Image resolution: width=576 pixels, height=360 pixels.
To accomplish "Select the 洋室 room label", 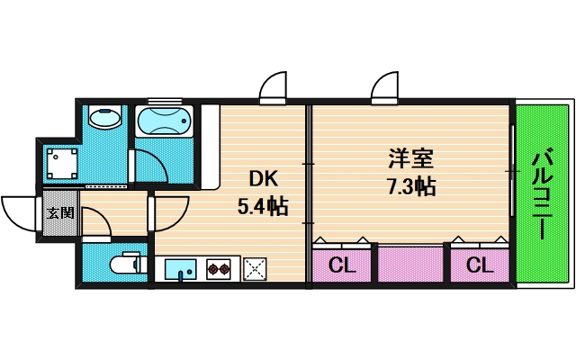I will pos(411,159).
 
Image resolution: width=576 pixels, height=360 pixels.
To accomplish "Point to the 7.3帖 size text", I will pos(411,187).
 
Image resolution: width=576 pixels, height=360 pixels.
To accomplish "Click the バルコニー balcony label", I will pos(542,193).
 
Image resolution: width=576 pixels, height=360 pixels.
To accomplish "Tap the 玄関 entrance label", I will pos(60,213).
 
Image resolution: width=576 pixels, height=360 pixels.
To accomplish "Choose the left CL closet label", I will pos(340,265).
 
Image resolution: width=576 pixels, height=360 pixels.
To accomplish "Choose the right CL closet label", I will pos(479,265).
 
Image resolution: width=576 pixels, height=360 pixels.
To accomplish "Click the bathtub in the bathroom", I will pos(164,121).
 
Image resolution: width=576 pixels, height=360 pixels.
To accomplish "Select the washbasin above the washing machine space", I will pos(106,121).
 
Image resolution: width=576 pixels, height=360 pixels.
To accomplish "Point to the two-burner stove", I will pos(219,267).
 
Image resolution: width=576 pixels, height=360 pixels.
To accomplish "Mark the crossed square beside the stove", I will pos(255,267).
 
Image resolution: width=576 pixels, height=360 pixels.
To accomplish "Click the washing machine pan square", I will pos(63,163).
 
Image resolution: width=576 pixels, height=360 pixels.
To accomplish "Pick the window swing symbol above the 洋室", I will pos(384,87).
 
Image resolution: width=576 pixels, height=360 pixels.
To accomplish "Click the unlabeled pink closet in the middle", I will pos(410,265).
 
